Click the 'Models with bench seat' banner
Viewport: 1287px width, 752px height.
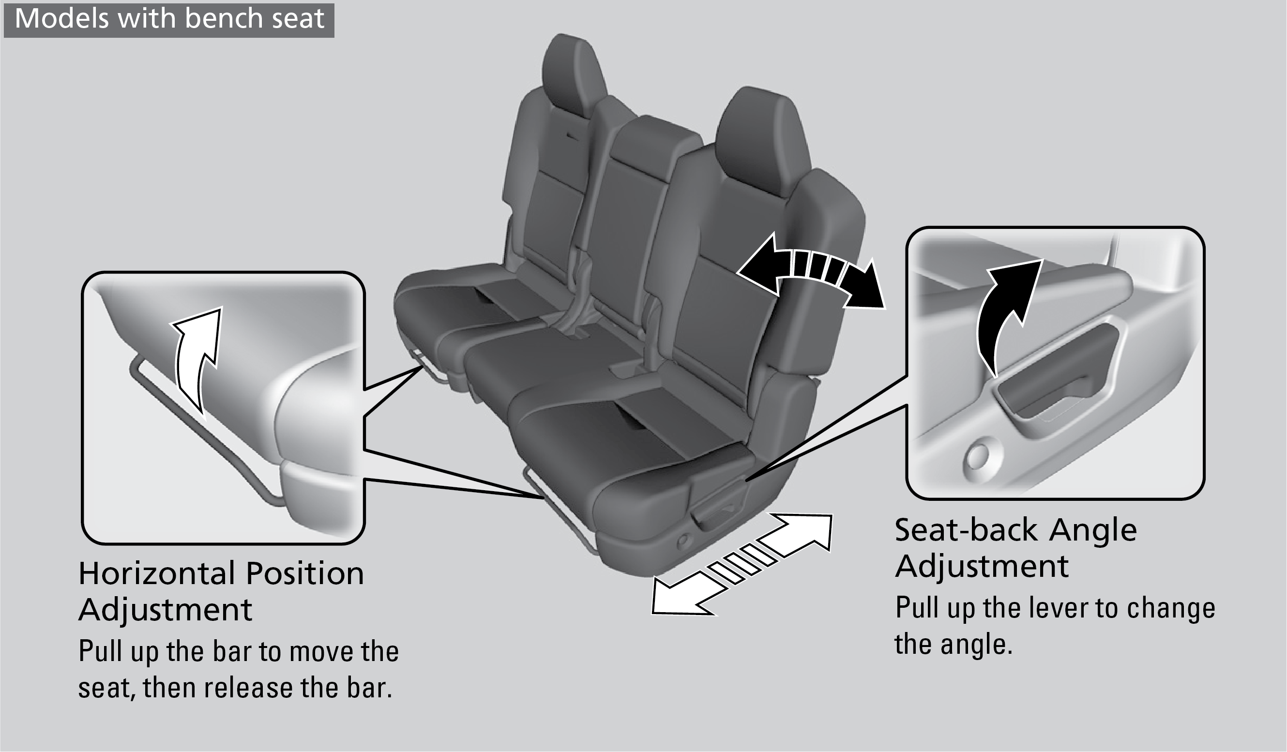click(x=169, y=20)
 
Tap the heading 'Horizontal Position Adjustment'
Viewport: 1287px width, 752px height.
click(x=221, y=591)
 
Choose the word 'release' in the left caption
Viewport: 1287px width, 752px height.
click(x=248, y=688)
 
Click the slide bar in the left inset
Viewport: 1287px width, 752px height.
click(x=204, y=434)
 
